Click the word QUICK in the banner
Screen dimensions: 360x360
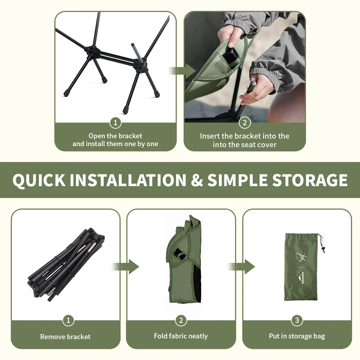tap(39, 180)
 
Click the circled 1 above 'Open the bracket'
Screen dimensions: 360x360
tap(116, 123)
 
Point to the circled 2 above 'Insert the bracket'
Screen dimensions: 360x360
tap(244, 123)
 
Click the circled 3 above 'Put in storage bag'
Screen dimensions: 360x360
tap(297, 320)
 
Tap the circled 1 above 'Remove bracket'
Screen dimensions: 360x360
tap(68, 320)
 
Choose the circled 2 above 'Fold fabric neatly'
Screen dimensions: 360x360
tap(181, 320)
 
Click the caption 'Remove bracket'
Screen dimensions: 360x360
tap(66, 337)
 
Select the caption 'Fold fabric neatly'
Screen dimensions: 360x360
tap(181, 336)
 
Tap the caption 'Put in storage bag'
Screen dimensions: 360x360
tap(297, 336)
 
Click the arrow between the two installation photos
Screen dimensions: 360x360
tap(181, 71)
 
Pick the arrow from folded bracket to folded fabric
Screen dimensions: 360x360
tap(125, 266)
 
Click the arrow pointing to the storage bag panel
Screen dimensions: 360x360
tap(241, 266)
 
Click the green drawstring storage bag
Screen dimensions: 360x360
tap(301, 267)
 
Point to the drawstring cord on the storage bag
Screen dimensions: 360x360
tap(321, 243)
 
